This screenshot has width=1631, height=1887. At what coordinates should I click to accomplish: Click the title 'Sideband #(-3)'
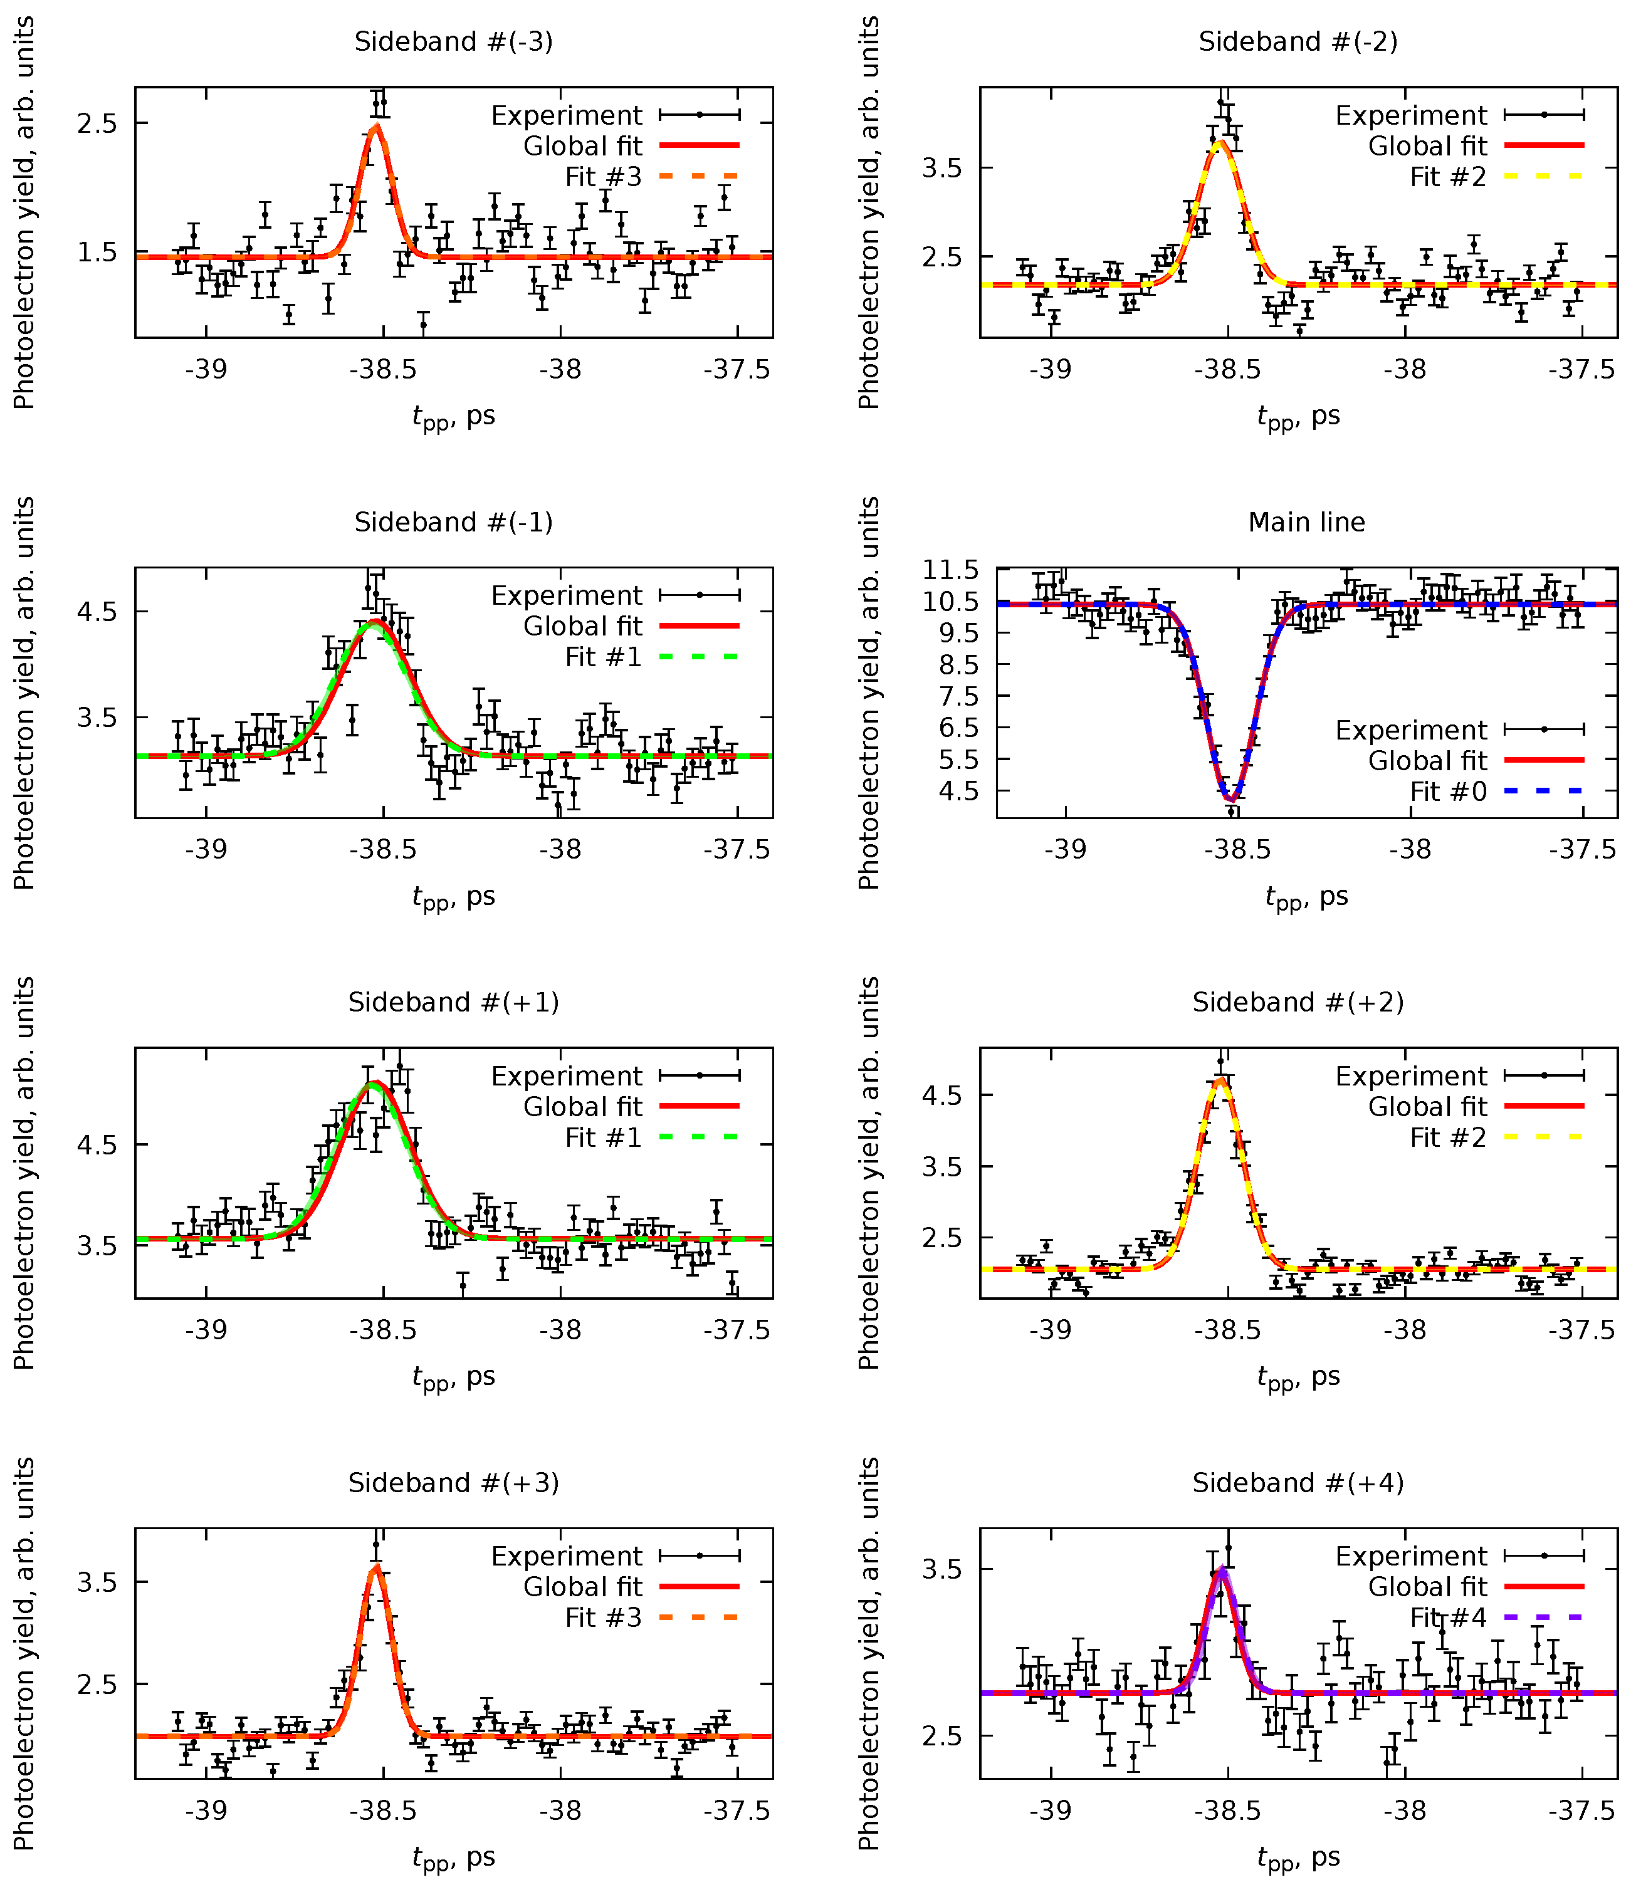click(x=454, y=42)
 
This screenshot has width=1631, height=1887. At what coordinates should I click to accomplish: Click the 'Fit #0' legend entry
click(x=1448, y=792)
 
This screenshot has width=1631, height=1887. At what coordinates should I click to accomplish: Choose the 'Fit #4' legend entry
click(x=1448, y=1618)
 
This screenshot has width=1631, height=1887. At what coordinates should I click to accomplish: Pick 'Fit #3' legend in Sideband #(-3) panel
click(x=603, y=177)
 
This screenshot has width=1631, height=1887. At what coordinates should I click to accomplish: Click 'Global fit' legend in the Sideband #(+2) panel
click(x=1427, y=1107)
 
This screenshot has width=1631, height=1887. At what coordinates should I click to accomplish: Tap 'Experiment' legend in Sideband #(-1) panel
click(x=567, y=595)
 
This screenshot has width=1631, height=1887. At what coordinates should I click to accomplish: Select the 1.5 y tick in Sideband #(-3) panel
click(x=97, y=253)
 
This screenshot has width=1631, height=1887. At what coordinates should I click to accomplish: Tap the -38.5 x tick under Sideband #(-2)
click(x=1227, y=370)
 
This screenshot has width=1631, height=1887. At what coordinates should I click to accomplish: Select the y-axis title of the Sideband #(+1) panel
click(x=24, y=1173)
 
